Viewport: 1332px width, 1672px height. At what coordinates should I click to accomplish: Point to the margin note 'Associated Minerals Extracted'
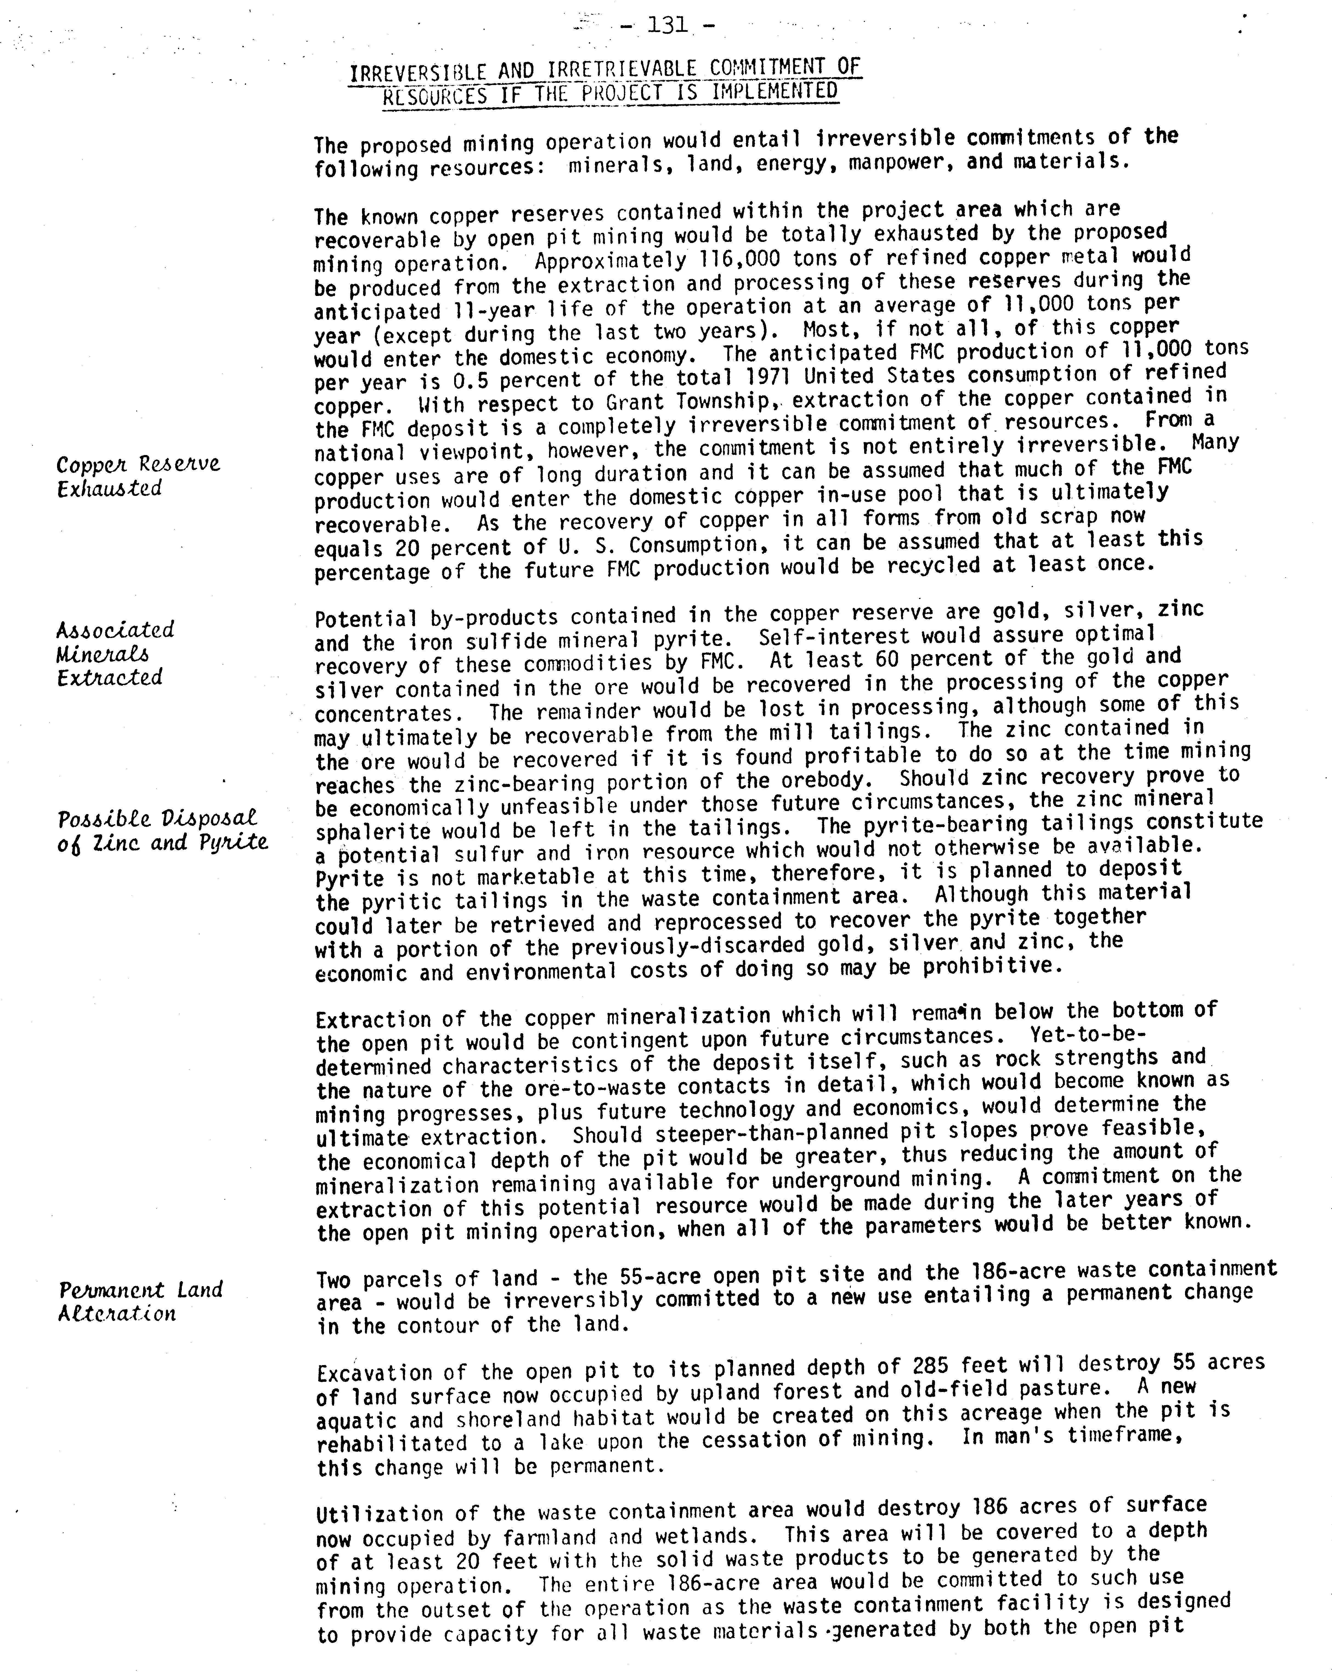tap(115, 653)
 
